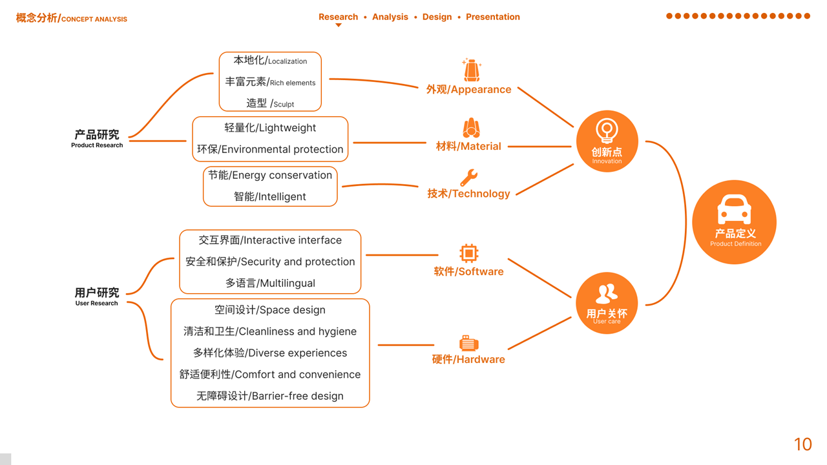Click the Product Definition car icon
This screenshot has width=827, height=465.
(734, 210)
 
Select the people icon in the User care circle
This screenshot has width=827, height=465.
(606, 294)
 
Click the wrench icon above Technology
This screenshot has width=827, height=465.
(468, 178)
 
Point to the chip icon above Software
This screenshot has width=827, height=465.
(468, 253)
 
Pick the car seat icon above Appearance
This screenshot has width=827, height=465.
(472, 70)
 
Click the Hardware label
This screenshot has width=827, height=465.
(468, 359)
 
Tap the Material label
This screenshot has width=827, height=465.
(468, 147)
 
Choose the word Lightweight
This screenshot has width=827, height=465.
(287, 128)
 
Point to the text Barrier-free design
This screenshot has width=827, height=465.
(297, 396)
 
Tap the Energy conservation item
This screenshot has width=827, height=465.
(282, 175)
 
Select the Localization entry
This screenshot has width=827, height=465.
(287, 61)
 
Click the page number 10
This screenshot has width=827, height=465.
(802, 444)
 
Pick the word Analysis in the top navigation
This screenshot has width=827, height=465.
(390, 17)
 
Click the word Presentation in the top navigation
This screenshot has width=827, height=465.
(493, 17)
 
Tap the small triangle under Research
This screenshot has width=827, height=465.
(338, 25)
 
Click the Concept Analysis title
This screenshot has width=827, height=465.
(72, 19)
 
